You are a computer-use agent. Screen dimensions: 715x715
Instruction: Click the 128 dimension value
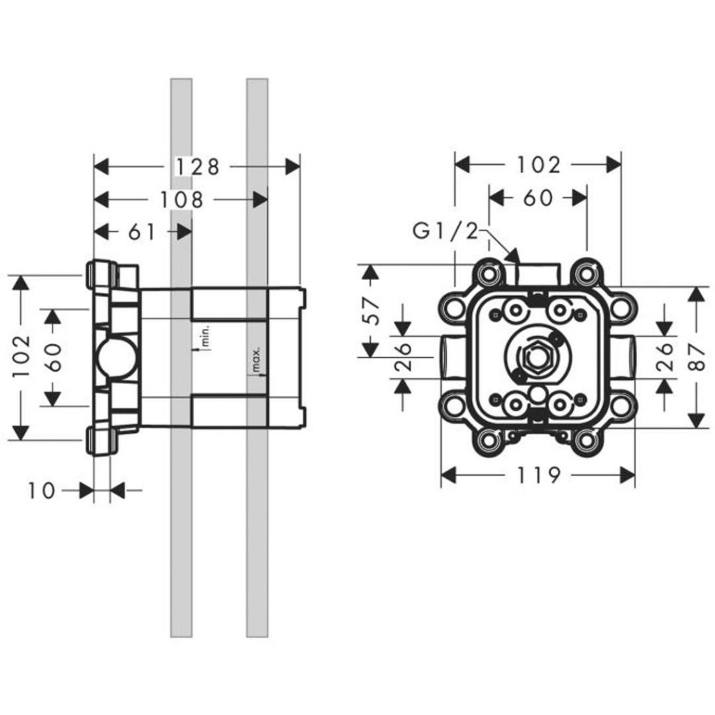198,167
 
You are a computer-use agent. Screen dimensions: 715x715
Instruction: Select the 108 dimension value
182,200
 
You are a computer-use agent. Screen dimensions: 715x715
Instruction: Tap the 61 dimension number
142,232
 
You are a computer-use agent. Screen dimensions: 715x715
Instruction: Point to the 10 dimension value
41,491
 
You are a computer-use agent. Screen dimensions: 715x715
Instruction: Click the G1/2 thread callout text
446,232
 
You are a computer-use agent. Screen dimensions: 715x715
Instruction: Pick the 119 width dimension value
538,476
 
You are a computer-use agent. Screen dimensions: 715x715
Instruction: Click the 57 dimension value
373,311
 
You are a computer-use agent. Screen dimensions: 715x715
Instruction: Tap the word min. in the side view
205,336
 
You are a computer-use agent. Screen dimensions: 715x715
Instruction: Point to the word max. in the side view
256,359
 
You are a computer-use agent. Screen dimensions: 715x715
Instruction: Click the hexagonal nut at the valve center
538,357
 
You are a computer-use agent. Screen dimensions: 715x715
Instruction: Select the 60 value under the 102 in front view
538,198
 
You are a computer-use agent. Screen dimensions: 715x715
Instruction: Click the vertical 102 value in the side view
22,357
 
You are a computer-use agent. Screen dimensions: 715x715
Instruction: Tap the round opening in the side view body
116,357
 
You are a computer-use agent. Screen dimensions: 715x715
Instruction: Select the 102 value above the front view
538,165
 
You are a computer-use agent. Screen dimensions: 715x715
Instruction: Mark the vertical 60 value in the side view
53,357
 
